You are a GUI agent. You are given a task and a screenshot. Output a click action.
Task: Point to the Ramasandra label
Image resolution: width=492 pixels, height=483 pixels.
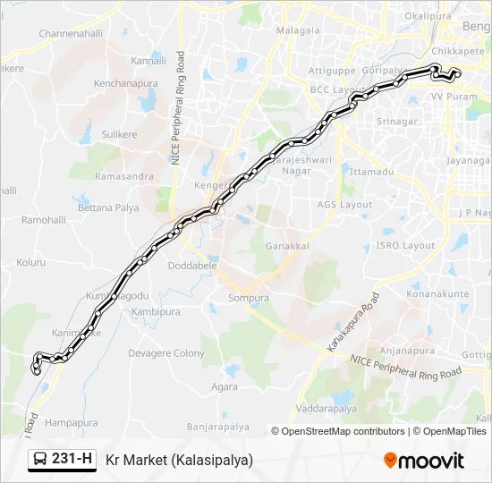tap(124, 176)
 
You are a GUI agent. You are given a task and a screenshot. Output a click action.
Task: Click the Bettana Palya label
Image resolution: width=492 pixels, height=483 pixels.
tap(108, 208)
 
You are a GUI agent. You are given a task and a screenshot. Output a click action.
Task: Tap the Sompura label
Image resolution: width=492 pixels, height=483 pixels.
tap(249, 298)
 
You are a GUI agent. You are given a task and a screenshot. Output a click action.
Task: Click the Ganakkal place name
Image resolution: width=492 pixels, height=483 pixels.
tap(287, 245)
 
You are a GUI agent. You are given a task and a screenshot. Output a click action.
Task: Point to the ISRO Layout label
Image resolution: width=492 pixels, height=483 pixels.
tap(405, 245)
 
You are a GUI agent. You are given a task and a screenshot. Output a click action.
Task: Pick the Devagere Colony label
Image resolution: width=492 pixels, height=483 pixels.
tap(166, 353)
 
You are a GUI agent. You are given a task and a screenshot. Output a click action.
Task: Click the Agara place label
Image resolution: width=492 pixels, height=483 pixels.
tap(225, 387)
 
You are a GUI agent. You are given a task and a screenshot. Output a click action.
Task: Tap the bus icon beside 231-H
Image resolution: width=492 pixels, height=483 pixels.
tap(41, 460)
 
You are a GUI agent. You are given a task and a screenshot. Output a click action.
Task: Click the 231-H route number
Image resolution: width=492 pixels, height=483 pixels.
tap(72, 460)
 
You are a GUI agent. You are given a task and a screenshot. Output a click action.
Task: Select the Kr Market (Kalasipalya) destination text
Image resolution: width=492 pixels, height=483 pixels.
tap(179, 460)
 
